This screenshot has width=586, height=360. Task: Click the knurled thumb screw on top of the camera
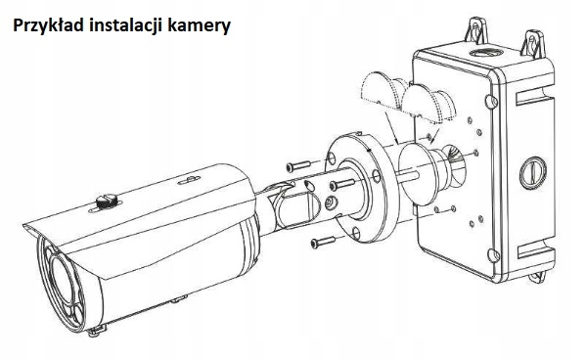pyautogui.click(x=107, y=202)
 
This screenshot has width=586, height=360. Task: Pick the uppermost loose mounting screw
pyautogui.click(x=298, y=166)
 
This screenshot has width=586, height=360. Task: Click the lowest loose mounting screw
pyautogui.click(x=323, y=243)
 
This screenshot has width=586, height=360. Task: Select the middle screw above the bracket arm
pyautogui.click(x=342, y=184)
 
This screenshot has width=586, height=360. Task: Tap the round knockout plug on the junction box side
pyautogui.click(x=533, y=173)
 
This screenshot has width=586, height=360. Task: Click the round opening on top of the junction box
pyautogui.click(x=485, y=52)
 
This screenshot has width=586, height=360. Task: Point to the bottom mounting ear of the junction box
pyautogui.click(x=538, y=277)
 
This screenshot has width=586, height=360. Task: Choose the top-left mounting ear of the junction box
pyautogui.click(x=476, y=30)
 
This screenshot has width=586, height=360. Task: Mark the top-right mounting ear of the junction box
pyautogui.click(x=533, y=43)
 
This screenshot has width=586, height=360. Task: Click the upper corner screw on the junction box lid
pyautogui.click(x=491, y=101)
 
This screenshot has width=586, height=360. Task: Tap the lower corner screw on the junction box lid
pyautogui.click(x=493, y=255)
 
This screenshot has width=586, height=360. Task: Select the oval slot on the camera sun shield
pyautogui.click(x=189, y=180)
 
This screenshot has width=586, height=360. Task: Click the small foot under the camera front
pyautogui.click(x=97, y=330)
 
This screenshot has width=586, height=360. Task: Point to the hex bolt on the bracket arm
pyautogui.click(x=330, y=203)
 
